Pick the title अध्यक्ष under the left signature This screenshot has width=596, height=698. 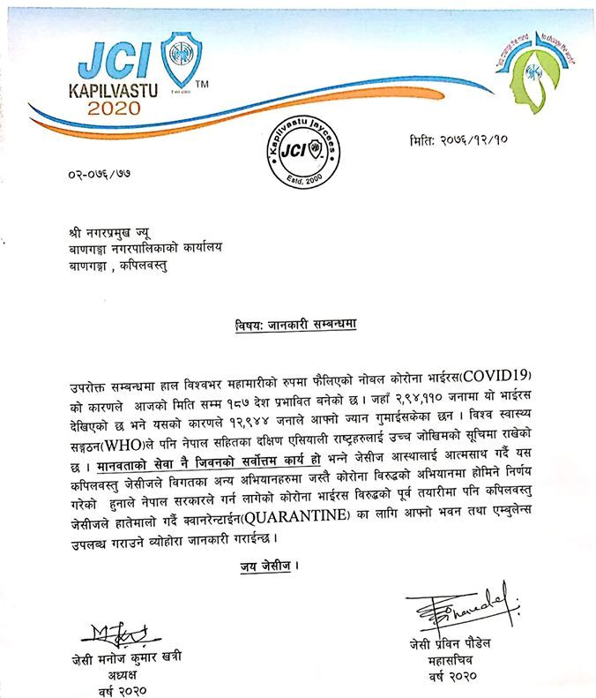[110, 673]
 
